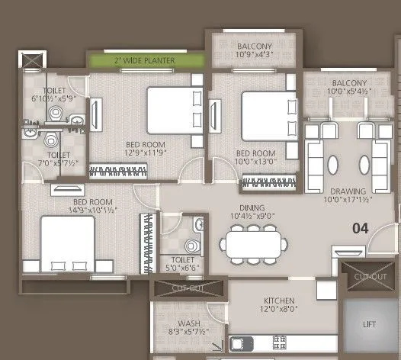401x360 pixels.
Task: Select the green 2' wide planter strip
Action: pyautogui.click(x=146, y=59)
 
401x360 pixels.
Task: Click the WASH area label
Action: pyautogui.click(x=181, y=323)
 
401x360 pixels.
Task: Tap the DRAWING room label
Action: pyautogui.click(x=348, y=191)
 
